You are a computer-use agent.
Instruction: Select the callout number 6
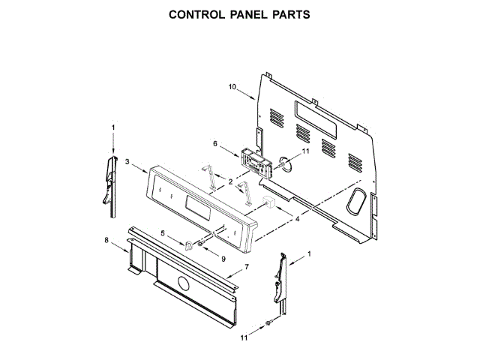pyautogui.click(x=215, y=143)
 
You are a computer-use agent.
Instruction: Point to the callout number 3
pyautogui.click(x=128, y=161)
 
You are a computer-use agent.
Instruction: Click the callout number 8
pyautogui.click(x=106, y=240)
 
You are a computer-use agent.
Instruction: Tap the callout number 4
pyautogui.click(x=297, y=219)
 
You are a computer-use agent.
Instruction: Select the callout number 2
pyautogui.click(x=230, y=182)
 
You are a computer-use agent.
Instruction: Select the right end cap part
pyautogui.click(x=280, y=280)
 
